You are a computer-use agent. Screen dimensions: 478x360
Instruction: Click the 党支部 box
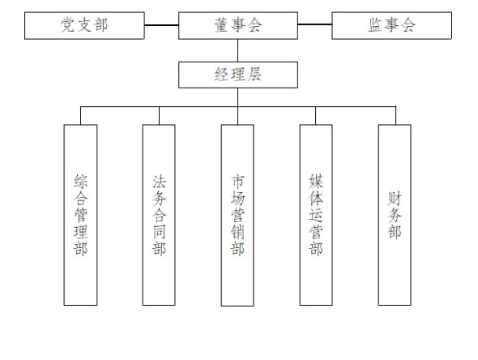(x=84, y=26)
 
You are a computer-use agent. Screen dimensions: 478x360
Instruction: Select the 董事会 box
(x=238, y=26)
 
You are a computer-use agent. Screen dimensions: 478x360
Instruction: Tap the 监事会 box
(x=392, y=26)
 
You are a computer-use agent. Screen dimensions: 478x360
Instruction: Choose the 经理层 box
(x=238, y=75)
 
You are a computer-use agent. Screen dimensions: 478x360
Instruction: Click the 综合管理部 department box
(x=80, y=215)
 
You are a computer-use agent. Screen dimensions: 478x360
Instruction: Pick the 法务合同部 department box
(x=159, y=215)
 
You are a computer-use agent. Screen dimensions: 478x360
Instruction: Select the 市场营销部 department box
(x=237, y=215)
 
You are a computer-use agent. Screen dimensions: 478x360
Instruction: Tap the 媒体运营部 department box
(x=316, y=215)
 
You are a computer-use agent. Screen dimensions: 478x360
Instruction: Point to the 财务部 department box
(x=395, y=215)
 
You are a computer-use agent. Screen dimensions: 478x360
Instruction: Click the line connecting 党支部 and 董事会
(x=161, y=25)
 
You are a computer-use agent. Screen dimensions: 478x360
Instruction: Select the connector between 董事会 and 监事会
(x=315, y=24)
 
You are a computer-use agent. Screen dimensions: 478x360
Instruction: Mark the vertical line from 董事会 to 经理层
(x=237, y=50)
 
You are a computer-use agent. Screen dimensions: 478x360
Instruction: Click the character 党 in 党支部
(x=68, y=25)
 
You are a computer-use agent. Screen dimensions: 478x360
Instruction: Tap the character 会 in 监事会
(x=408, y=25)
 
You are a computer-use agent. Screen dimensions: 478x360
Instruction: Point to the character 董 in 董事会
(x=221, y=25)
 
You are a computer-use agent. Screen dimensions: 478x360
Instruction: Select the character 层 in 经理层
(x=254, y=75)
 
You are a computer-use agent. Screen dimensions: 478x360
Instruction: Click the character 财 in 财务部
(x=395, y=199)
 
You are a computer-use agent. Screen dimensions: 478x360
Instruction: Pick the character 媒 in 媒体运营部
(x=316, y=182)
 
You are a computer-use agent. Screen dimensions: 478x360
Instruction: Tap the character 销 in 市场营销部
(x=237, y=232)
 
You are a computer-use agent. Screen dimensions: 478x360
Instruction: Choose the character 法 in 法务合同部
(x=159, y=182)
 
